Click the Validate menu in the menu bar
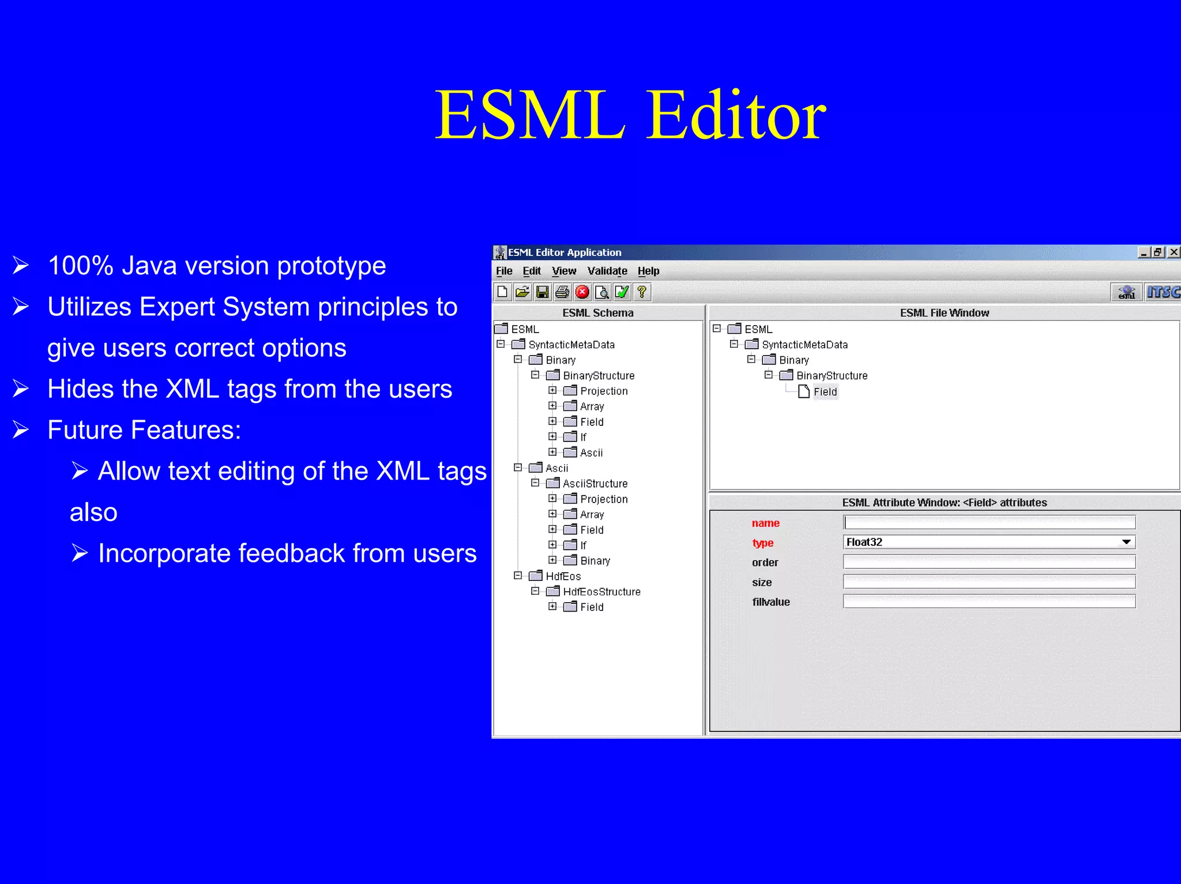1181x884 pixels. pyautogui.click(x=607, y=271)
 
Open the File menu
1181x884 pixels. pyautogui.click(x=503, y=271)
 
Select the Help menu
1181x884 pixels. pyautogui.click(x=648, y=271)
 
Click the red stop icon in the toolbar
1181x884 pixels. pyautogui.click(x=582, y=292)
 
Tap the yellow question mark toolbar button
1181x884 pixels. pyautogui.click(x=642, y=292)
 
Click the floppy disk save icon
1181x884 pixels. pyautogui.click(x=542, y=292)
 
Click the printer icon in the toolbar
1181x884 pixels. pyautogui.click(x=562, y=292)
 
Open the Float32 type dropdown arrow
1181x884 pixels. pyautogui.click(x=1126, y=542)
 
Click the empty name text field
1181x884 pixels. pyautogui.click(x=989, y=523)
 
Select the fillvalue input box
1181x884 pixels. pyautogui.click(x=989, y=602)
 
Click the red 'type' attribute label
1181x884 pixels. pyautogui.click(x=762, y=543)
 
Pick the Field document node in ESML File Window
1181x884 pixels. pyautogui.click(x=825, y=392)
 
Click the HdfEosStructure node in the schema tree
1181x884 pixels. pyautogui.click(x=601, y=592)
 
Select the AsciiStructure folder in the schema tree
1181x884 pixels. pyautogui.click(x=595, y=483)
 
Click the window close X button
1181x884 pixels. pyautogui.click(x=1174, y=252)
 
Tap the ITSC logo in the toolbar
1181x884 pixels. pyautogui.click(x=1162, y=292)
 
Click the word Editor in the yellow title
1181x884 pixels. pyautogui.click(x=736, y=115)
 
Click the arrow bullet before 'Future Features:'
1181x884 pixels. pyautogui.click(x=21, y=430)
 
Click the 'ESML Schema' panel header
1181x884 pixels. pyautogui.click(x=597, y=313)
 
